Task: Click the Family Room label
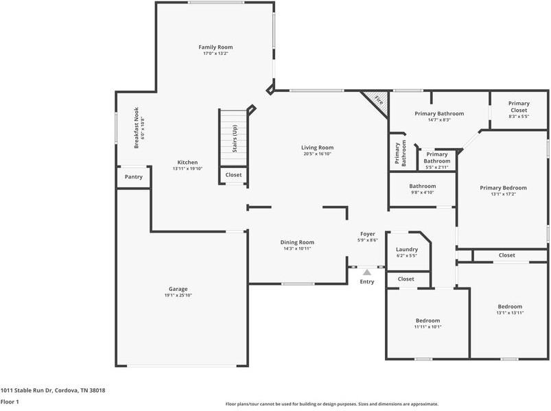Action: pyautogui.click(x=215, y=47)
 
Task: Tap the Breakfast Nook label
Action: pyautogui.click(x=137, y=128)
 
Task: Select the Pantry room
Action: pyautogui.click(x=134, y=177)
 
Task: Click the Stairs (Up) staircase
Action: pyautogui.click(x=234, y=138)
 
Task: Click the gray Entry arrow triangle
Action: pyautogui.click(x=367, y=272)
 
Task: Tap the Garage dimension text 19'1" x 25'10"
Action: pyautogui.click(x=178, y=295)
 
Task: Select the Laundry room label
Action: pyautogui.click(x=407, y=249)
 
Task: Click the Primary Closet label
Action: pyautogui.click(x=519, y=106)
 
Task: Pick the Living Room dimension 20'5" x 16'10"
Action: pyautogui.click(x=317, y=154)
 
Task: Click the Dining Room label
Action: pyautogui.click(x=297, y=242)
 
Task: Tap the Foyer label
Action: pyautogui.click(x=368, y=234)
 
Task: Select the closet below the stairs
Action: pyautogui.click(x=234, y=175)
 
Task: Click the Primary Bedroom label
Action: pyautogui.click(x=503, y=188)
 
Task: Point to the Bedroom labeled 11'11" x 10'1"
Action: pyautogui.click(x=427, y=323)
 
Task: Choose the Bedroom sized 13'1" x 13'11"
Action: pyautogui.click(x=510, y=309)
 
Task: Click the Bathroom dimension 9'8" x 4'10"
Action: pyautogui.click(x=423, y=193)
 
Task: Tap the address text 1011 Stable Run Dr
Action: pyautogui.click(x=27, y=390)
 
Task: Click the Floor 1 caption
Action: pyautogui.click(x=10, y=401)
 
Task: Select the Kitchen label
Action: pyautogui.click(x=187, y=163)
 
